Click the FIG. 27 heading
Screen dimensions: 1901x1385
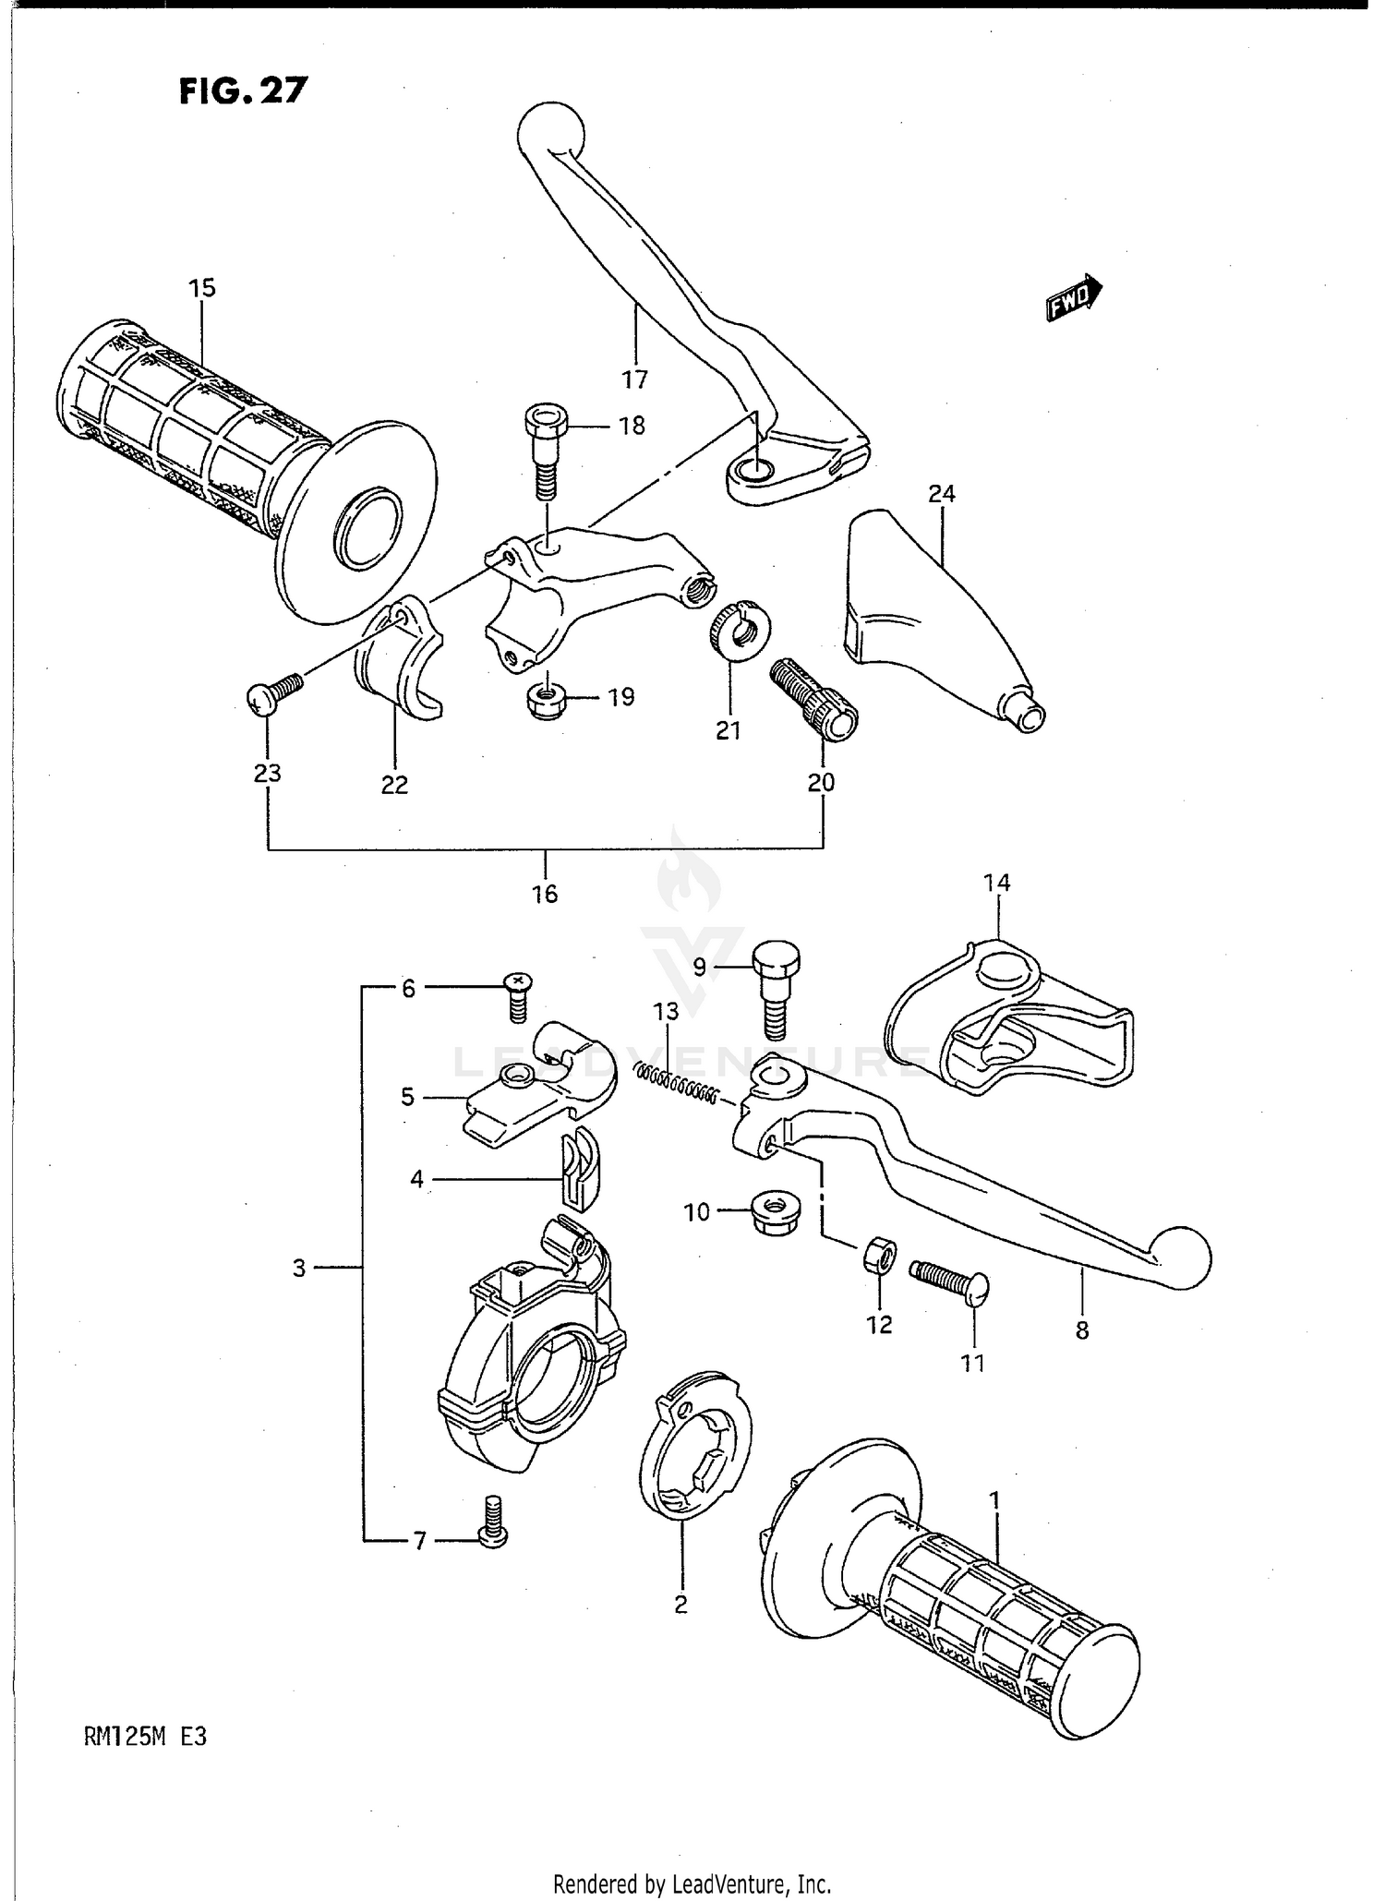point(243,90)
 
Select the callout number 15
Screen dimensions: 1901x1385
point(201,288)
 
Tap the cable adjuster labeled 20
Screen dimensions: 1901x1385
point(813,699)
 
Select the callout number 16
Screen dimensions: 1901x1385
point(545,894)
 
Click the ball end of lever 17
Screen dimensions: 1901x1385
point(551,128)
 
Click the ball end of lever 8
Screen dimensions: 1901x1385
point(1181,1257)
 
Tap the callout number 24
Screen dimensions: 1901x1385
point(941,494)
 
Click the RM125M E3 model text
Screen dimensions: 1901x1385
point(145,1737)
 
